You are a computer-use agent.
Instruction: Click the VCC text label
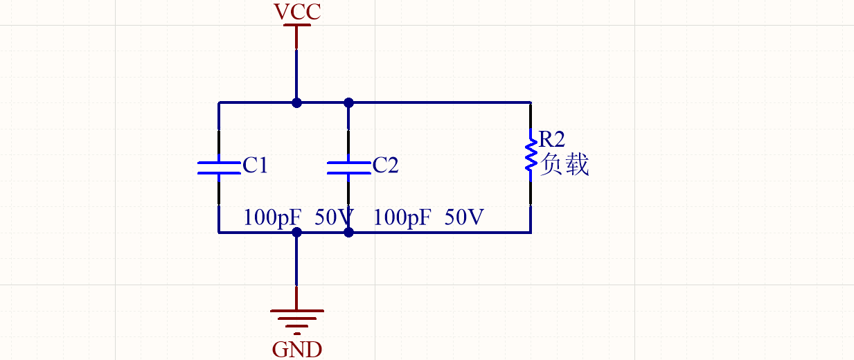297,12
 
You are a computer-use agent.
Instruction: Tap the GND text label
297,348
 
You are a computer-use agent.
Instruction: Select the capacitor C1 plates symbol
219,167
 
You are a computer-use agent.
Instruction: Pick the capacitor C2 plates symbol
348,167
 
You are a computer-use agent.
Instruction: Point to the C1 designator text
255,165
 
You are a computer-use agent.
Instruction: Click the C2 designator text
385,165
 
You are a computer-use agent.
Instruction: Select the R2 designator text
552,138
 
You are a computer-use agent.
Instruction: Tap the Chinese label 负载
564,165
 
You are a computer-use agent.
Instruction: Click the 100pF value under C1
272,217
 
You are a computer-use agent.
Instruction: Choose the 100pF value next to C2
402,217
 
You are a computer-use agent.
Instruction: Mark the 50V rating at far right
464,217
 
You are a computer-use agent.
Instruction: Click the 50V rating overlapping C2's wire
335,217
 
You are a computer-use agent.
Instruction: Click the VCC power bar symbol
296,26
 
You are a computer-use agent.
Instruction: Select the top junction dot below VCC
296,102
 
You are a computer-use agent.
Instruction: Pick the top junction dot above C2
348,102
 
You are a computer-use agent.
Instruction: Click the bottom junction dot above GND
296,233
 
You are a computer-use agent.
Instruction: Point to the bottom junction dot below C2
348,233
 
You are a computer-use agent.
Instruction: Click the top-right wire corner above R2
531,102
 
